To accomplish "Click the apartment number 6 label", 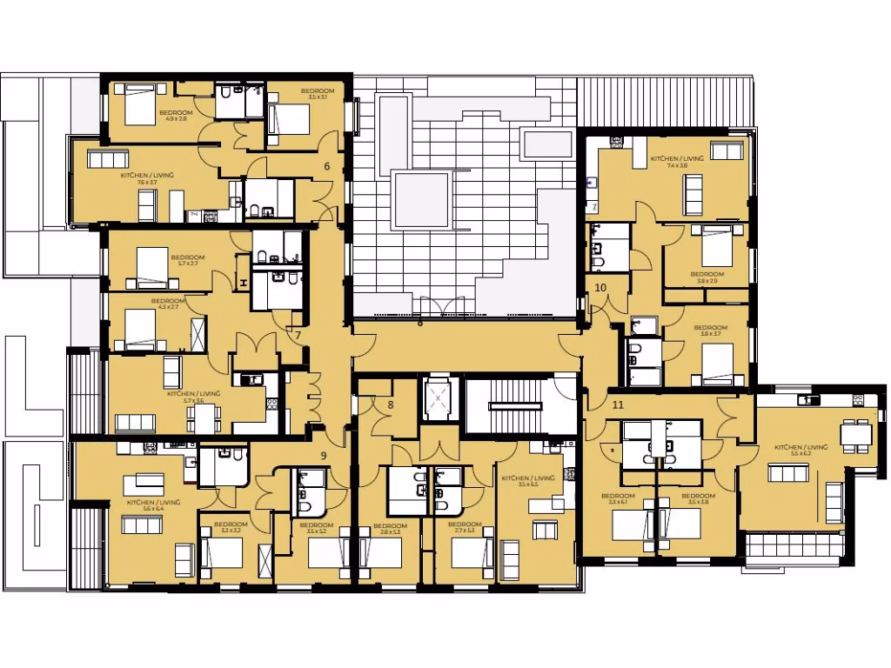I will click(327, 165).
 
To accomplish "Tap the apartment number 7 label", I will click(298, 335).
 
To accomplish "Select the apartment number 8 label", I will click(391, 404).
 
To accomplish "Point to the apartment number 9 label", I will click(324, 455).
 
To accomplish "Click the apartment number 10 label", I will click(600, 288).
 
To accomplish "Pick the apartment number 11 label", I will click(618, 405).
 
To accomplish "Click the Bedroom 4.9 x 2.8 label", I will click(176, 116).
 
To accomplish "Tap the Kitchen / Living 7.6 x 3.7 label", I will click(147, 178).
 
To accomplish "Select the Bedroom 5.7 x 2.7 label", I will click(188, 260).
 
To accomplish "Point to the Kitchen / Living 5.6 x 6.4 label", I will click(153, 505).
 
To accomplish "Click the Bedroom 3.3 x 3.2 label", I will click(231, 527).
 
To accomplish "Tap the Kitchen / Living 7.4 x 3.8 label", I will click(670, 162).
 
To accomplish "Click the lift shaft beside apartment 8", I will click(438, 399).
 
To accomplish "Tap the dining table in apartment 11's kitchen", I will click(856, 432).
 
